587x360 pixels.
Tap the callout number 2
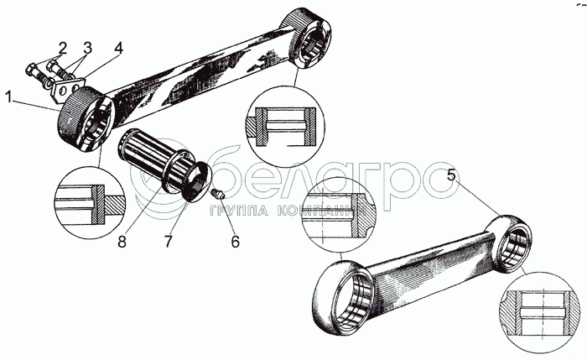(62, 45)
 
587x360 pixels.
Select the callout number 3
(87, 45)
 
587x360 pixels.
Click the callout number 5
(452, 177)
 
